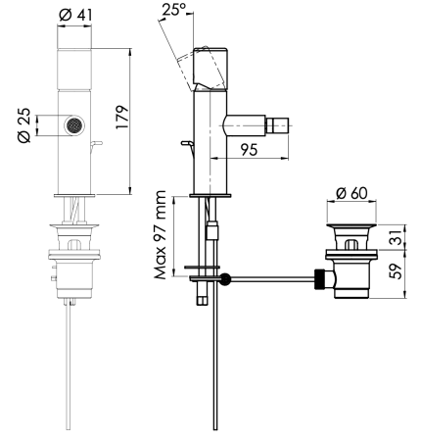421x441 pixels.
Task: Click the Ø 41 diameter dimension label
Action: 75,15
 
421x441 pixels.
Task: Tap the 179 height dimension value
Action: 122,118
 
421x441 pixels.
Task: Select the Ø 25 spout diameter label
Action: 24,125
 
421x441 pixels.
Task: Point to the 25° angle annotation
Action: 174,10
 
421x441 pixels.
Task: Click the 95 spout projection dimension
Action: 250,150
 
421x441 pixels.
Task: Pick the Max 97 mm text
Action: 162,235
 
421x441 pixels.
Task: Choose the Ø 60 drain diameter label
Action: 351,193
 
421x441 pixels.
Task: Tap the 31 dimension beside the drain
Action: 397,237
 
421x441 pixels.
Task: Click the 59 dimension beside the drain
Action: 397,270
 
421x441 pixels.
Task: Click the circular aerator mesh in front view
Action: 74,125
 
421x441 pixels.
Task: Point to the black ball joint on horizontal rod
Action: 225,278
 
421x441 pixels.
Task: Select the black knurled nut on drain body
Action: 320,278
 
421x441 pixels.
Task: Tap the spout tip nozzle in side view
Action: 278,125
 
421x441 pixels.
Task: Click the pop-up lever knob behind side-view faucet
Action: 186,143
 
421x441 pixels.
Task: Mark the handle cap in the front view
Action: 74,69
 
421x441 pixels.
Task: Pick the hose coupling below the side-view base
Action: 211,231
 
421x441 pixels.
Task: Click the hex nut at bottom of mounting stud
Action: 201,300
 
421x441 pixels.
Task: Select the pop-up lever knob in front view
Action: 97,143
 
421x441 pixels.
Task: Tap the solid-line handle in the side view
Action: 210,70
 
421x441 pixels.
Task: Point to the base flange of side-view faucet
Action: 210,196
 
